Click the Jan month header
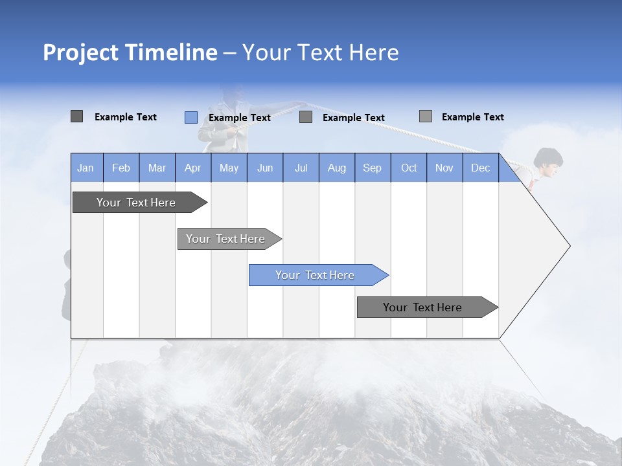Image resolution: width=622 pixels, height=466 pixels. pyautogui.click(x=86, y=168)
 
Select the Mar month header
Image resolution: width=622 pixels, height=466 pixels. pyautogui.click(x=157, y=168)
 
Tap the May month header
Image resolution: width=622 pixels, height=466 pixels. pyautogui.click(x=229, y=168)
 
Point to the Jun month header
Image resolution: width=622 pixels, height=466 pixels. pyautogui.click(x=265, y=168)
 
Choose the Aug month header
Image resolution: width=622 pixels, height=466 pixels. pyautogui.click(x=336, y=168)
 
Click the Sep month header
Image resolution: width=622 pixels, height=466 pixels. pyautogui.click(x=372, y=168)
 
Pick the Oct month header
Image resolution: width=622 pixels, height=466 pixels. pyautogui.click(x=409, y=168)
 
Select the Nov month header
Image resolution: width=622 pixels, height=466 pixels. pyautogui.click(x=444, y=168)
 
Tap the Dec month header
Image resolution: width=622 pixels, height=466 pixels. pyautogui.click(x=480, y=168)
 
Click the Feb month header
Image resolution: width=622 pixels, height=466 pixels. pyautogui.click(x=121, y=168)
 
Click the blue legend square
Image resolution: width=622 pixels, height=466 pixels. pyautogui.click(x=190, y=117)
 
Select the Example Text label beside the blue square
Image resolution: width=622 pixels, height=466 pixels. pyautogui.click(x=239, y=118)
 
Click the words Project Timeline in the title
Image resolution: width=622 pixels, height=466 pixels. pyautogui.click(x=130, y=52)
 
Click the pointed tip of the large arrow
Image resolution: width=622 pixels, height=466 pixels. pyautogui.click(x=568, y=246)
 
